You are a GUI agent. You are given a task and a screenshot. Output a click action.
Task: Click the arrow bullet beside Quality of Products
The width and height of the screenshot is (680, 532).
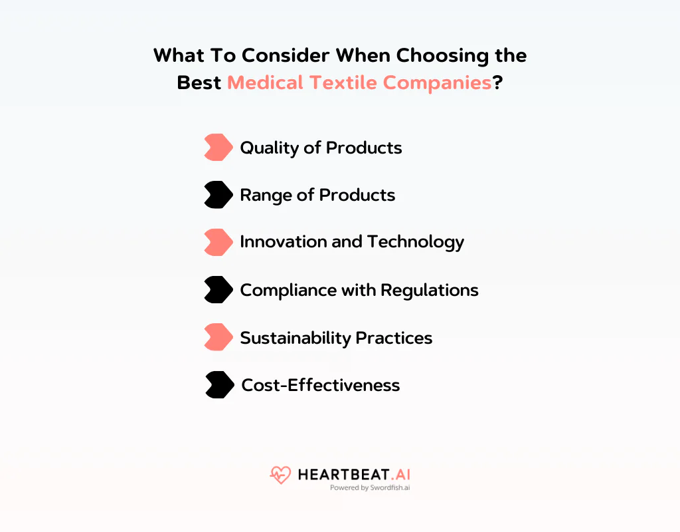click(218, 147)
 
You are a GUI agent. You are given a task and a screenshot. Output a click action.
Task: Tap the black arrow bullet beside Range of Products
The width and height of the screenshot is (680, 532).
click(218, 195)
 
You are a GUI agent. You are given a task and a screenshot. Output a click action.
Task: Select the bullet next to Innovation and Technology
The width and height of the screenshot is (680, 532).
click(218, 242)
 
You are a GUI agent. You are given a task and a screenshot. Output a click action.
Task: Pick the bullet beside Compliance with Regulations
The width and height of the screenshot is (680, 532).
click(218, 290)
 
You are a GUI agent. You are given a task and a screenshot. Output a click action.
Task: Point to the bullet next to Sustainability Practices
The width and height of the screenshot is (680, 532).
click(218, 337)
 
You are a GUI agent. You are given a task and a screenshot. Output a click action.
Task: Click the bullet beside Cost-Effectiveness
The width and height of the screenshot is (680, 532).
click(219, 385)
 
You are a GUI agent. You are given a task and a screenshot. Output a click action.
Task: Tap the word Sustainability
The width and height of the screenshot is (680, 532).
click(296, 338)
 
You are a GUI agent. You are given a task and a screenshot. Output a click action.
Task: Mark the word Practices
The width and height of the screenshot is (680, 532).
click(394, 338)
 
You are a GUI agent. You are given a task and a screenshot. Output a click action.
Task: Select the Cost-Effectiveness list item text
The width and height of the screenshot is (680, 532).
click(321, 385)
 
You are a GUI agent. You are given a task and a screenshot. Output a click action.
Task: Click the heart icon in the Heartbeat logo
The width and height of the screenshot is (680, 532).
click(280, 475)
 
